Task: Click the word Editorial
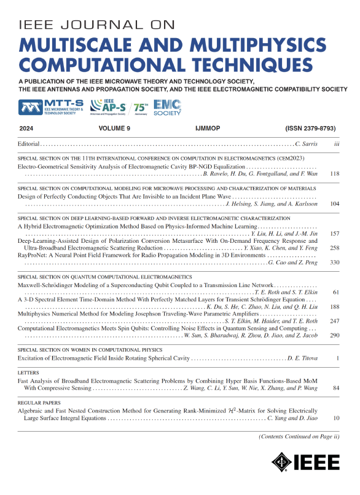pyautogui.click(x=28, y=145)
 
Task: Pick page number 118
pyautogui.click(x=336, y=174)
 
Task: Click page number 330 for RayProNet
pyautogui.click(x=336, y=263)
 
